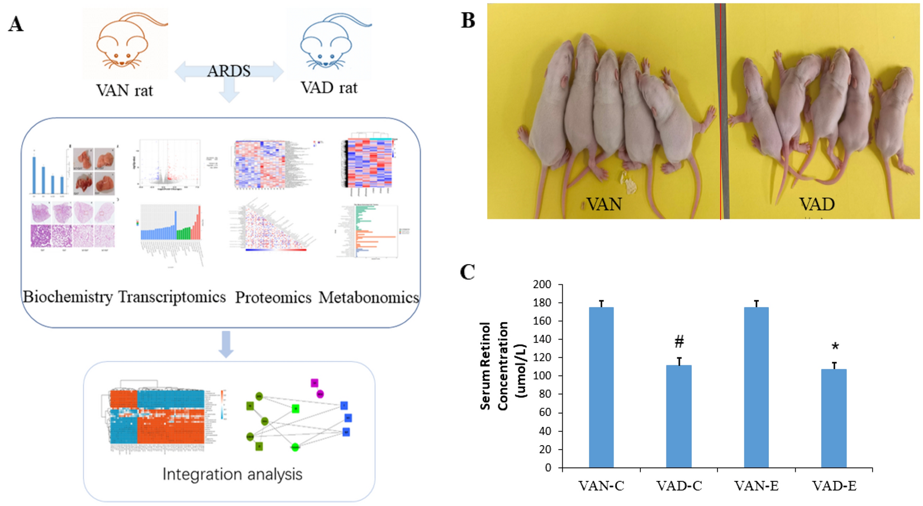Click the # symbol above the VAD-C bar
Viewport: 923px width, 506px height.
pyautogui.click(x=679, y=341)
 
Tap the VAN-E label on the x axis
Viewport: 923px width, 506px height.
pyautogui.click(x=756, y=486)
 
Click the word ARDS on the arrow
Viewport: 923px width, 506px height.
pyautogui.click(x=229, y=71)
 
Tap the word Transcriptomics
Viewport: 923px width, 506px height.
pyautogui.click(x=172, y=297)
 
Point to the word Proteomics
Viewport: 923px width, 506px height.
pyautogui.click(x=273, y=298)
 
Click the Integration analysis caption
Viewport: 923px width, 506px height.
pyautogui.click(x=232, y=474)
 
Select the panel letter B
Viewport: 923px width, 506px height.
pyautogui.click(x=468, y=20)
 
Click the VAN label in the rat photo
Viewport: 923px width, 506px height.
pyautogui.click(x=603, y=204)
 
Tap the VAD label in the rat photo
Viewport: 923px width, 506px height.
pyautogui.click(x=816, y=204)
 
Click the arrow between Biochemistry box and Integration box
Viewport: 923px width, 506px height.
pyautogui.click(x=226, y=344)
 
